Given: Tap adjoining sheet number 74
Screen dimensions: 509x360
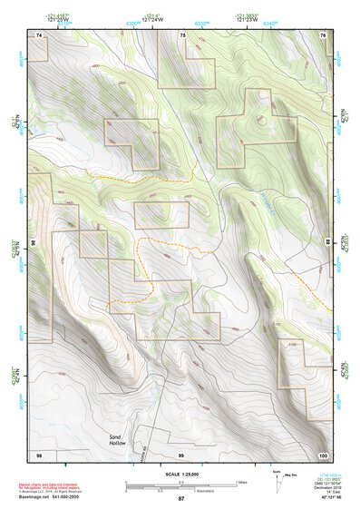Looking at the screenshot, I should coord(39,34).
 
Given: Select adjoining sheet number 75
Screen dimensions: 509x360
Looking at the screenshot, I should coord(183,34).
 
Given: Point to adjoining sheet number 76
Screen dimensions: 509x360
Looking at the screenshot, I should coord(322,34).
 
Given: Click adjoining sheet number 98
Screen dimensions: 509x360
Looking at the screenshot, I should coord(39,453).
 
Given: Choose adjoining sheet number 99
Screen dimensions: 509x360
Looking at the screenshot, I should coord(181,453).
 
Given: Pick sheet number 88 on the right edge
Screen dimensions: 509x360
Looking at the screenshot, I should coord(329,243).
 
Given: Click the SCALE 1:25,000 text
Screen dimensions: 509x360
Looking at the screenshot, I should coord(180,475).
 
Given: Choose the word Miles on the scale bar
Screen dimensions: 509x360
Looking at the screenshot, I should coord(241,482).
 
